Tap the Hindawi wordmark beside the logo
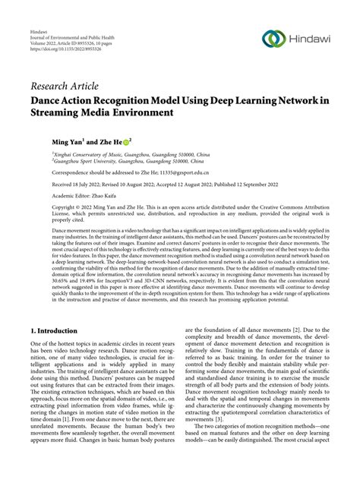pyautogui.click(x=311, y=39)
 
